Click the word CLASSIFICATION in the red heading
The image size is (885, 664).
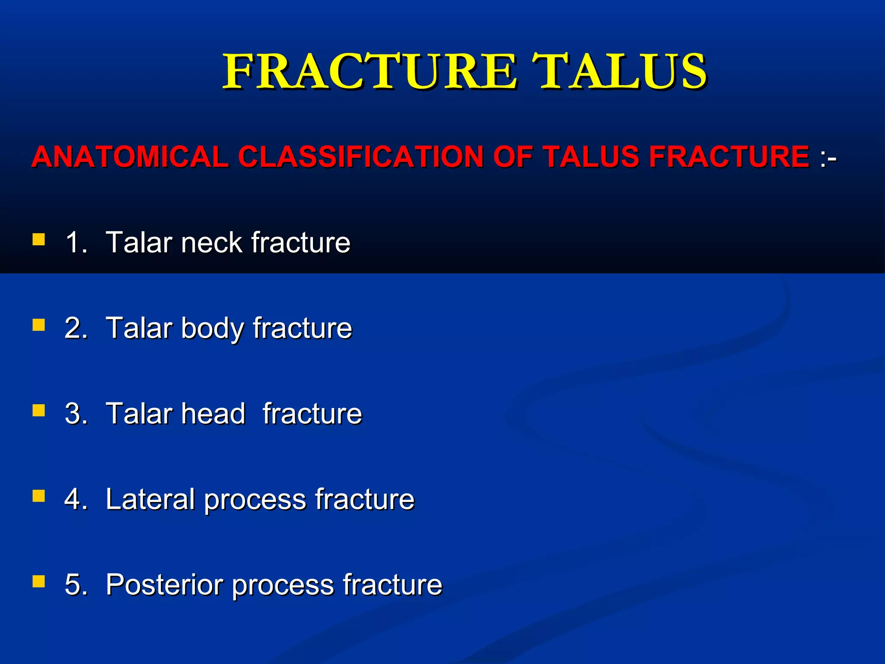pyautogui.click(x=360, y=156)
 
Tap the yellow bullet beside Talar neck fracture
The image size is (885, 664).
pyautogui.click(x=39, y=239)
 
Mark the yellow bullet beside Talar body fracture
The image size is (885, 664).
pyautogui.click(x=39, y=325)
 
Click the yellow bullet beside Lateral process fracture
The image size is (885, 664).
pyautogui.click(x=39, y=496)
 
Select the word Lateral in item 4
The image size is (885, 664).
pyautogui.click(x=150, y=499)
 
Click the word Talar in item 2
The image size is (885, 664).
pyautogui.click(x=139, y=328)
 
